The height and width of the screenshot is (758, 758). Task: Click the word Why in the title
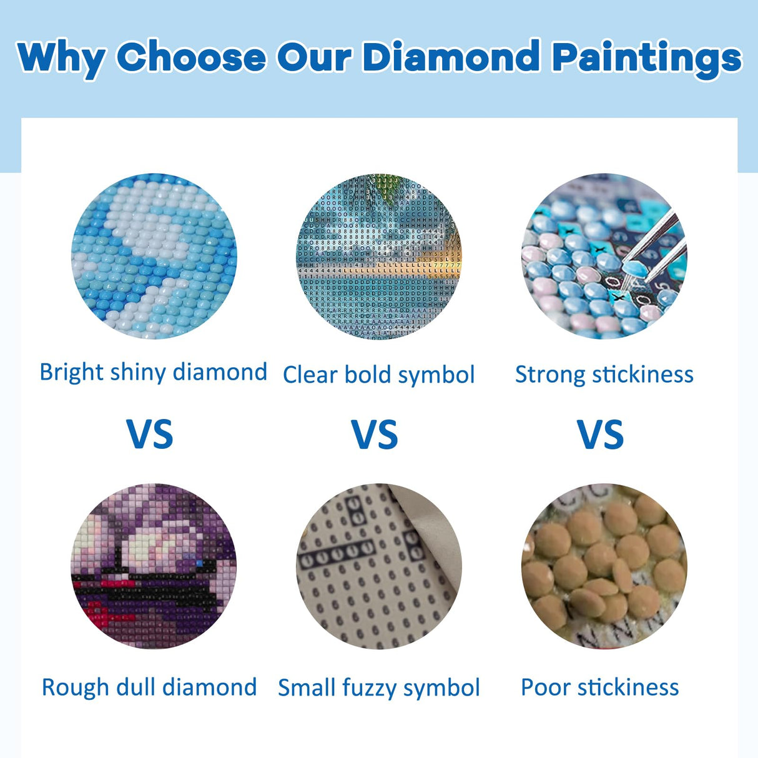click(x=61, y=57)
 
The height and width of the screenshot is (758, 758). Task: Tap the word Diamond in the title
click(x=451, y=57)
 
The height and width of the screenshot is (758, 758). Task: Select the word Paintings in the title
click(x=646, y=59)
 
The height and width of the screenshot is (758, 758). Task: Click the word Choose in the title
click(x=190, y=57)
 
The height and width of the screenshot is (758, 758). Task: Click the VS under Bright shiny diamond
click(x=150, y=435)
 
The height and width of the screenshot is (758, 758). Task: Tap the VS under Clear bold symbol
click(x=375, y=435)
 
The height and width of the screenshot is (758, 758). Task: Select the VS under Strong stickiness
click(x=600, y=435)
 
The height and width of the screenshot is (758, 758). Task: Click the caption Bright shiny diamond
click(x=153, y=372)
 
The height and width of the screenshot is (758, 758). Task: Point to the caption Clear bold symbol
click(x=378, y=375)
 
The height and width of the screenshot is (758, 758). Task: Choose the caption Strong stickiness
click(x=604, y=375)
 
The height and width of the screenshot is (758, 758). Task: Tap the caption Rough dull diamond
click(x=149, y=687)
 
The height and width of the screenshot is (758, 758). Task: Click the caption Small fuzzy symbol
click(x=378, y=688)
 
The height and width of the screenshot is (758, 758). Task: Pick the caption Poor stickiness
click(x=599, y=687)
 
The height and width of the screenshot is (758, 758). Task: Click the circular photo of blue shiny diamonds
click(x=154, y=256)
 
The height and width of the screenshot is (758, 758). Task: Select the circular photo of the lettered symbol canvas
click(x=379, y=256)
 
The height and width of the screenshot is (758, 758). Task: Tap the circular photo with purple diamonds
click(x=154, y=566)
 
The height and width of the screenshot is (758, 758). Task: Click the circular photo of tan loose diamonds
click(x=604, y=566)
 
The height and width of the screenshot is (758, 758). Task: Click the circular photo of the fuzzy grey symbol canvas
click(x=379, y=566)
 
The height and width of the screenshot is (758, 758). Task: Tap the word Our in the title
click(x=317, y=57)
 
